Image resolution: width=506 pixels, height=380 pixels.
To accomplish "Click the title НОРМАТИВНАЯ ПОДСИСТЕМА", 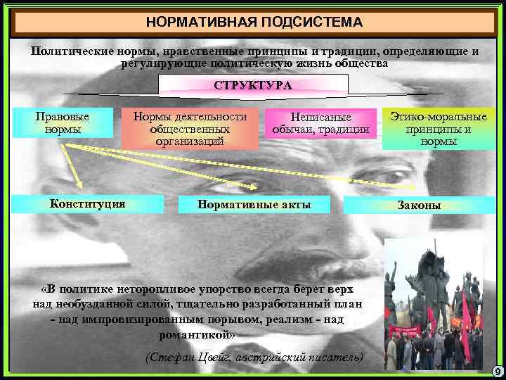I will (254, 22).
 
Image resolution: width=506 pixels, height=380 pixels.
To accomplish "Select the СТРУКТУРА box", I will (253, 86).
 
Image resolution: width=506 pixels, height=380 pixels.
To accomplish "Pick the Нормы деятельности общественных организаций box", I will (190, 128).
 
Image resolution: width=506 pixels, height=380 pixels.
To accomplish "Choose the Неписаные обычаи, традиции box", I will (320, 124).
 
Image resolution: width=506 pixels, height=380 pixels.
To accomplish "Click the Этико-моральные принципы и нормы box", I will (439, 128).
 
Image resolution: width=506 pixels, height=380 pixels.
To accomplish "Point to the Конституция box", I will (88, 203).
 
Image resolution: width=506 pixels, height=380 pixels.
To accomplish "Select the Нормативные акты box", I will (254, 204).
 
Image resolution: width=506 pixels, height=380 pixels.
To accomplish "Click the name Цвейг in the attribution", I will (211, 357).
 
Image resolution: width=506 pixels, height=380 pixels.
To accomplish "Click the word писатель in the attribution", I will (337, 357).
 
